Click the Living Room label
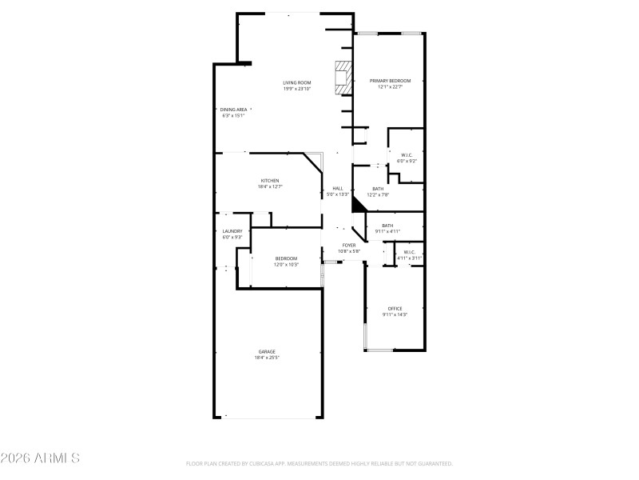point(296,82)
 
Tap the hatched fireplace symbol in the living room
point(342,77)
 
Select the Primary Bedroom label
point(390,81)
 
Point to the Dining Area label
point(233,110)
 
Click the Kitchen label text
point(269,181)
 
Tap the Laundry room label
point(232,231)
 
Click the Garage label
point(267,351)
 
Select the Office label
point(395,309)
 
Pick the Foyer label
point(349,246)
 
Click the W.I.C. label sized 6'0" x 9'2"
point(407,155)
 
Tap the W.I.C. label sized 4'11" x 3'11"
point(410,253)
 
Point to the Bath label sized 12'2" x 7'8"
point(378,189)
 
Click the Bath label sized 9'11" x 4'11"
point(387,226)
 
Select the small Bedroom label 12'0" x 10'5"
point(286,258)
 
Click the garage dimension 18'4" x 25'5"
point(267,358)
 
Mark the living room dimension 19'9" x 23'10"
point(296,89)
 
